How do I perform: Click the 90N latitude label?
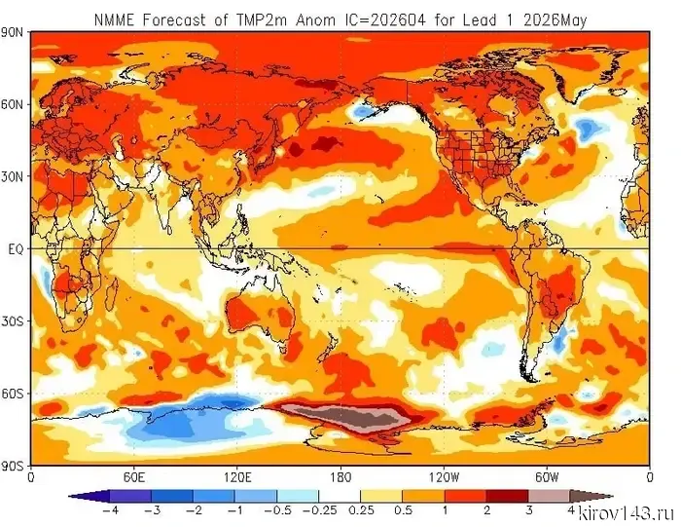point(15,32)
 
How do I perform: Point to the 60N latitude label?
point(15,104)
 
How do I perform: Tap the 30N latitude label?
point(15,176)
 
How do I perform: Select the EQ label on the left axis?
point(16,249)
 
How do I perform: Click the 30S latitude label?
point(15,321)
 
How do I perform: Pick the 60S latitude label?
point(15,394)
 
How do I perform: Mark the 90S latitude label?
point(15,466)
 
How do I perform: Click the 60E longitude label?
point(134,477)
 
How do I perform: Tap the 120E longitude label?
point(237,477)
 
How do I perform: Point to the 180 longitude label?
point(340,477)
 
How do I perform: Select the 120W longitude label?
point(443,477)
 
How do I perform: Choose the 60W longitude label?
point(546,477)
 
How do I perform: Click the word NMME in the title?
point(113,19)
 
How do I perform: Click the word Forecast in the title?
point(172,19)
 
